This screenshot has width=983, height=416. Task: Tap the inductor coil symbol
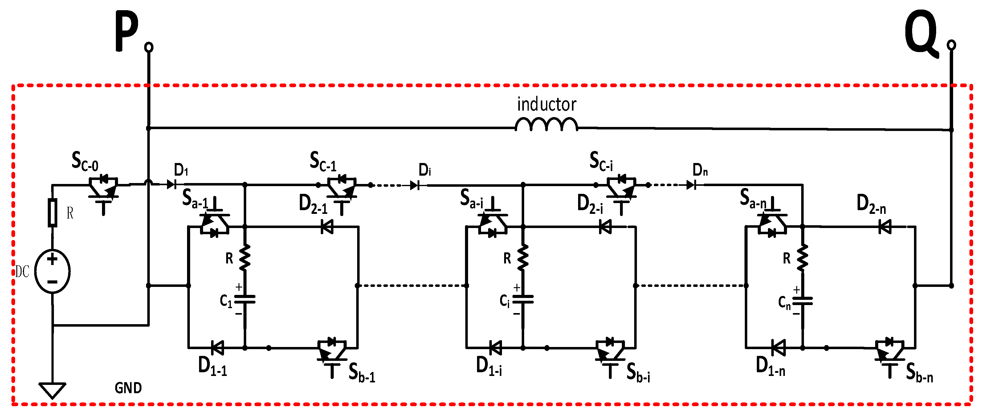[546, 124]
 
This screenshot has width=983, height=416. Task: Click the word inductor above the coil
[546, 104]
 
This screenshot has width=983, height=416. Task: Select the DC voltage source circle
[52, 271]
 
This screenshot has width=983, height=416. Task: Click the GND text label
[128, 388]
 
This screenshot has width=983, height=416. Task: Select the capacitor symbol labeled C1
[245, 300]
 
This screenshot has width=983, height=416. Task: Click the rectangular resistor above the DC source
[52, 213]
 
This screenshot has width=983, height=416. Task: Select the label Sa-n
[753, 198]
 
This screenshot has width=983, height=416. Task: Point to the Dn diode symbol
[691, 186]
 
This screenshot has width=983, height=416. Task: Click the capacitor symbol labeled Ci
[523, 300]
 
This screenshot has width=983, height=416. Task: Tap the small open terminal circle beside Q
[951, 45]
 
